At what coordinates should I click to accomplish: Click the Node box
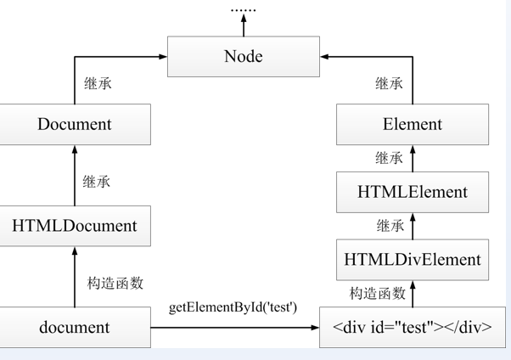coord(244,57)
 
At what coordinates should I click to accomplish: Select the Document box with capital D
coord(75,124)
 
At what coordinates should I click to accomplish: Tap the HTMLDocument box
coord(75,226)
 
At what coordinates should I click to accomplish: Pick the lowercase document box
coord(75,327)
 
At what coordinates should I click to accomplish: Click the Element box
coord(413,124)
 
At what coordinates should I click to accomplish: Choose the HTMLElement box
coord(413,192)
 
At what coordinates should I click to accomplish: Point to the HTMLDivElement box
coord(413,260)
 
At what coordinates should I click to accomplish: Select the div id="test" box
coord(413,327)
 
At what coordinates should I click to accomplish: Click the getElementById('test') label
coord(233,306)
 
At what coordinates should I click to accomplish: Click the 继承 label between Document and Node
coord(98,83)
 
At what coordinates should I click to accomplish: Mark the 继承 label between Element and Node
coord(389,83)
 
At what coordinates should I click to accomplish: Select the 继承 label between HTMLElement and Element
coord(389,158)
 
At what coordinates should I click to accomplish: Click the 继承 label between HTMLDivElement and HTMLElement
coord(389,226)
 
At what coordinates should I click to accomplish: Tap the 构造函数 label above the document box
coord(115,284)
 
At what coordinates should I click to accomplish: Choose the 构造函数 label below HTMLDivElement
coord(378,294)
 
